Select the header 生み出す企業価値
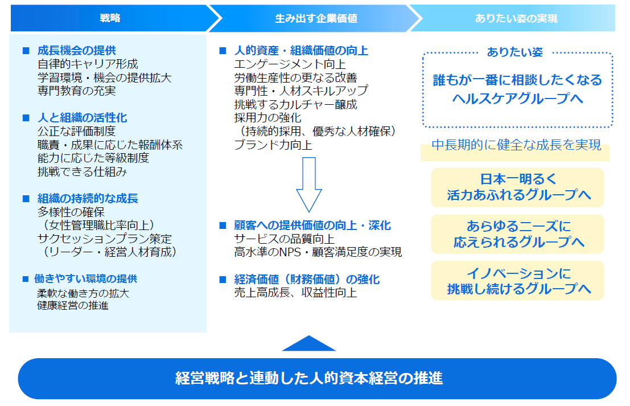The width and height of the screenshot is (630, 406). click(x=316, y=18)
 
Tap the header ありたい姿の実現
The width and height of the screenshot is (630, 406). click(x=516, y=18)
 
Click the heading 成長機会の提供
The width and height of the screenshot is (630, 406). click(x=76, y=51)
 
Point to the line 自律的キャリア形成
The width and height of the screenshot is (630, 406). click(x=88, y=64)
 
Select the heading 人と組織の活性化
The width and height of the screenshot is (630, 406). click(x=82, y=118)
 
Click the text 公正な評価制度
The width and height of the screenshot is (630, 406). click(x=76, y=131)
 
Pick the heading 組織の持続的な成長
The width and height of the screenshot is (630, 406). click(x=88, y=199)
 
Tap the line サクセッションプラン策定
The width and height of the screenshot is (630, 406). click(x=105, y=239)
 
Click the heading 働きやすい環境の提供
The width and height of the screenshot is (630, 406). click(x=87, y=279)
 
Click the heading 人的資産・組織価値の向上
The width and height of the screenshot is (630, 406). click(x=301, y=51)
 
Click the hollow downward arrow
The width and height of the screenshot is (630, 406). click(x=308, y=184)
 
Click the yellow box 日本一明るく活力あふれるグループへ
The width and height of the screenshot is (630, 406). click(x=517, y=187)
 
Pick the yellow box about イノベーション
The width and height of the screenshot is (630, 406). click(x=517, y=281)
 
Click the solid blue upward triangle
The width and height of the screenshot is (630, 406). click(x=308, y=343)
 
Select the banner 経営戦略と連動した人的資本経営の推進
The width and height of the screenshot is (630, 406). click(x=317, y=378)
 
